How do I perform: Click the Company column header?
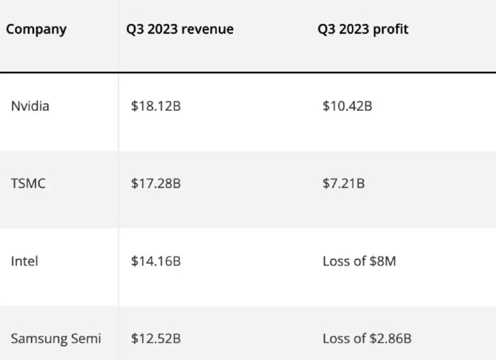pyautogui.click(x=36, y=30)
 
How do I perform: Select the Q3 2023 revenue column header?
pyautogui.click(x=179, y=30)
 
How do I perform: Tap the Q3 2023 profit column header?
pyautogui.click(x=363, y=30)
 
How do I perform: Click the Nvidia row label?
pyautogui.click(x=30, y=106)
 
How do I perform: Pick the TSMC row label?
pyautogui.click(x=28, y=183)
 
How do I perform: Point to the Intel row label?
pyautogui.click(x=24, y=261)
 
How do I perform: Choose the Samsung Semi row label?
pyautogui.click(x=56, y=338)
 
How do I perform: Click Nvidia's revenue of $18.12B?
pyautogui.click(x=156, y=106)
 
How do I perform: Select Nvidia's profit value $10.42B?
pyautogui.click(x=347, y=106)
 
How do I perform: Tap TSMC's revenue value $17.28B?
pyautogui.click(x=156, y=183)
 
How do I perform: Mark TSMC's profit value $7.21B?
pyautogui.click(x=343, y=183)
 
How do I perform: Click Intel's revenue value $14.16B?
pyautogui.click(x=156, y=261)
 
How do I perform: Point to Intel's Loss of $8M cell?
pyautogui.click(x=359, y=261)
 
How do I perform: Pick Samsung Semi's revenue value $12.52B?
pyautogui.click(x=156, y=338)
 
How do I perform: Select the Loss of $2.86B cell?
pyautogui.click(x=367, y=338)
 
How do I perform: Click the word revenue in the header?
pyautogui.click(x=208, y=30)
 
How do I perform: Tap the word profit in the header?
pyautogui.click(x=391, y=30)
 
